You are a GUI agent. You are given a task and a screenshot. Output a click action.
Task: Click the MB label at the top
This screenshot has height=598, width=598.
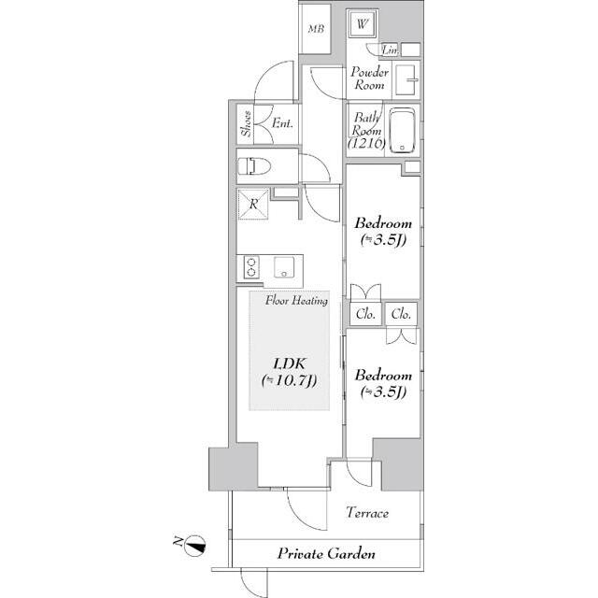click(x=316, y=29)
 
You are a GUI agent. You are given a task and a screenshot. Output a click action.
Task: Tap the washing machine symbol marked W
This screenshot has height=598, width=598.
click(x=362, y=23)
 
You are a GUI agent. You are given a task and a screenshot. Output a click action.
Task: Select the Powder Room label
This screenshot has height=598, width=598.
click(x=369, y=78)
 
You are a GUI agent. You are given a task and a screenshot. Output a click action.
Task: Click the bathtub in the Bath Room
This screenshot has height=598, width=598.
click(x=402, y=131)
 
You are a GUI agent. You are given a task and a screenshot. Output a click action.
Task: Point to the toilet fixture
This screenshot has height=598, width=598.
click(x=254, y=166)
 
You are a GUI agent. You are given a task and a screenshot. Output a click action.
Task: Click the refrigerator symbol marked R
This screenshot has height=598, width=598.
click(x=253, y=204)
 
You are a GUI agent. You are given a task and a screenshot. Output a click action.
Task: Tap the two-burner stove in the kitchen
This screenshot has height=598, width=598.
click(x=251, y=267)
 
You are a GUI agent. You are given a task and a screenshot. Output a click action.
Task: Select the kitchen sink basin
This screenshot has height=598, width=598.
click(x=284, y=267)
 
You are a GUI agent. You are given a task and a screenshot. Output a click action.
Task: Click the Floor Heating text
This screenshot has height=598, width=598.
click(x=297, y=301)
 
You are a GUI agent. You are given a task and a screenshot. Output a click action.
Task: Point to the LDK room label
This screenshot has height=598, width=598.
click(x=290, y=372)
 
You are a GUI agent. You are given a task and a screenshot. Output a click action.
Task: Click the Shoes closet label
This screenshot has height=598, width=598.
click(x=247, y=123)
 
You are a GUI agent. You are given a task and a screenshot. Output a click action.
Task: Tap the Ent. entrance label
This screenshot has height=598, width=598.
click(x=282, y=123)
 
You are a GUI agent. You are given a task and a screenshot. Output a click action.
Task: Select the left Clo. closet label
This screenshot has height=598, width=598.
click(x=365, y=314)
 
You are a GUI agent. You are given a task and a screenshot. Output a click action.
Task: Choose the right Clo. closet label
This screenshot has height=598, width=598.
click(x=401, y=314)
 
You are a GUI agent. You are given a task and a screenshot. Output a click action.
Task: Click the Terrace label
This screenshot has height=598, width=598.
click(x=367, y=513)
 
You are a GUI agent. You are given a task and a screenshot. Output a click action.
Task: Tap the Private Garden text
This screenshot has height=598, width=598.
click(x=326, y=553)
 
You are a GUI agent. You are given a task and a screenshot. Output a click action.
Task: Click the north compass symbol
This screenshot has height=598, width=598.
click(x=195, y=546)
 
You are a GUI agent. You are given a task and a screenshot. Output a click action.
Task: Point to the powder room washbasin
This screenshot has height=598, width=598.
click(x=406, y=80)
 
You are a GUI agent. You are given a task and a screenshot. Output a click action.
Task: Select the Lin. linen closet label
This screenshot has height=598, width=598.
click(x=391, y=50)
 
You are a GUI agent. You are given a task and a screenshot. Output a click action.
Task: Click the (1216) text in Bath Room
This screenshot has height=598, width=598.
click(x=367, y=143)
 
